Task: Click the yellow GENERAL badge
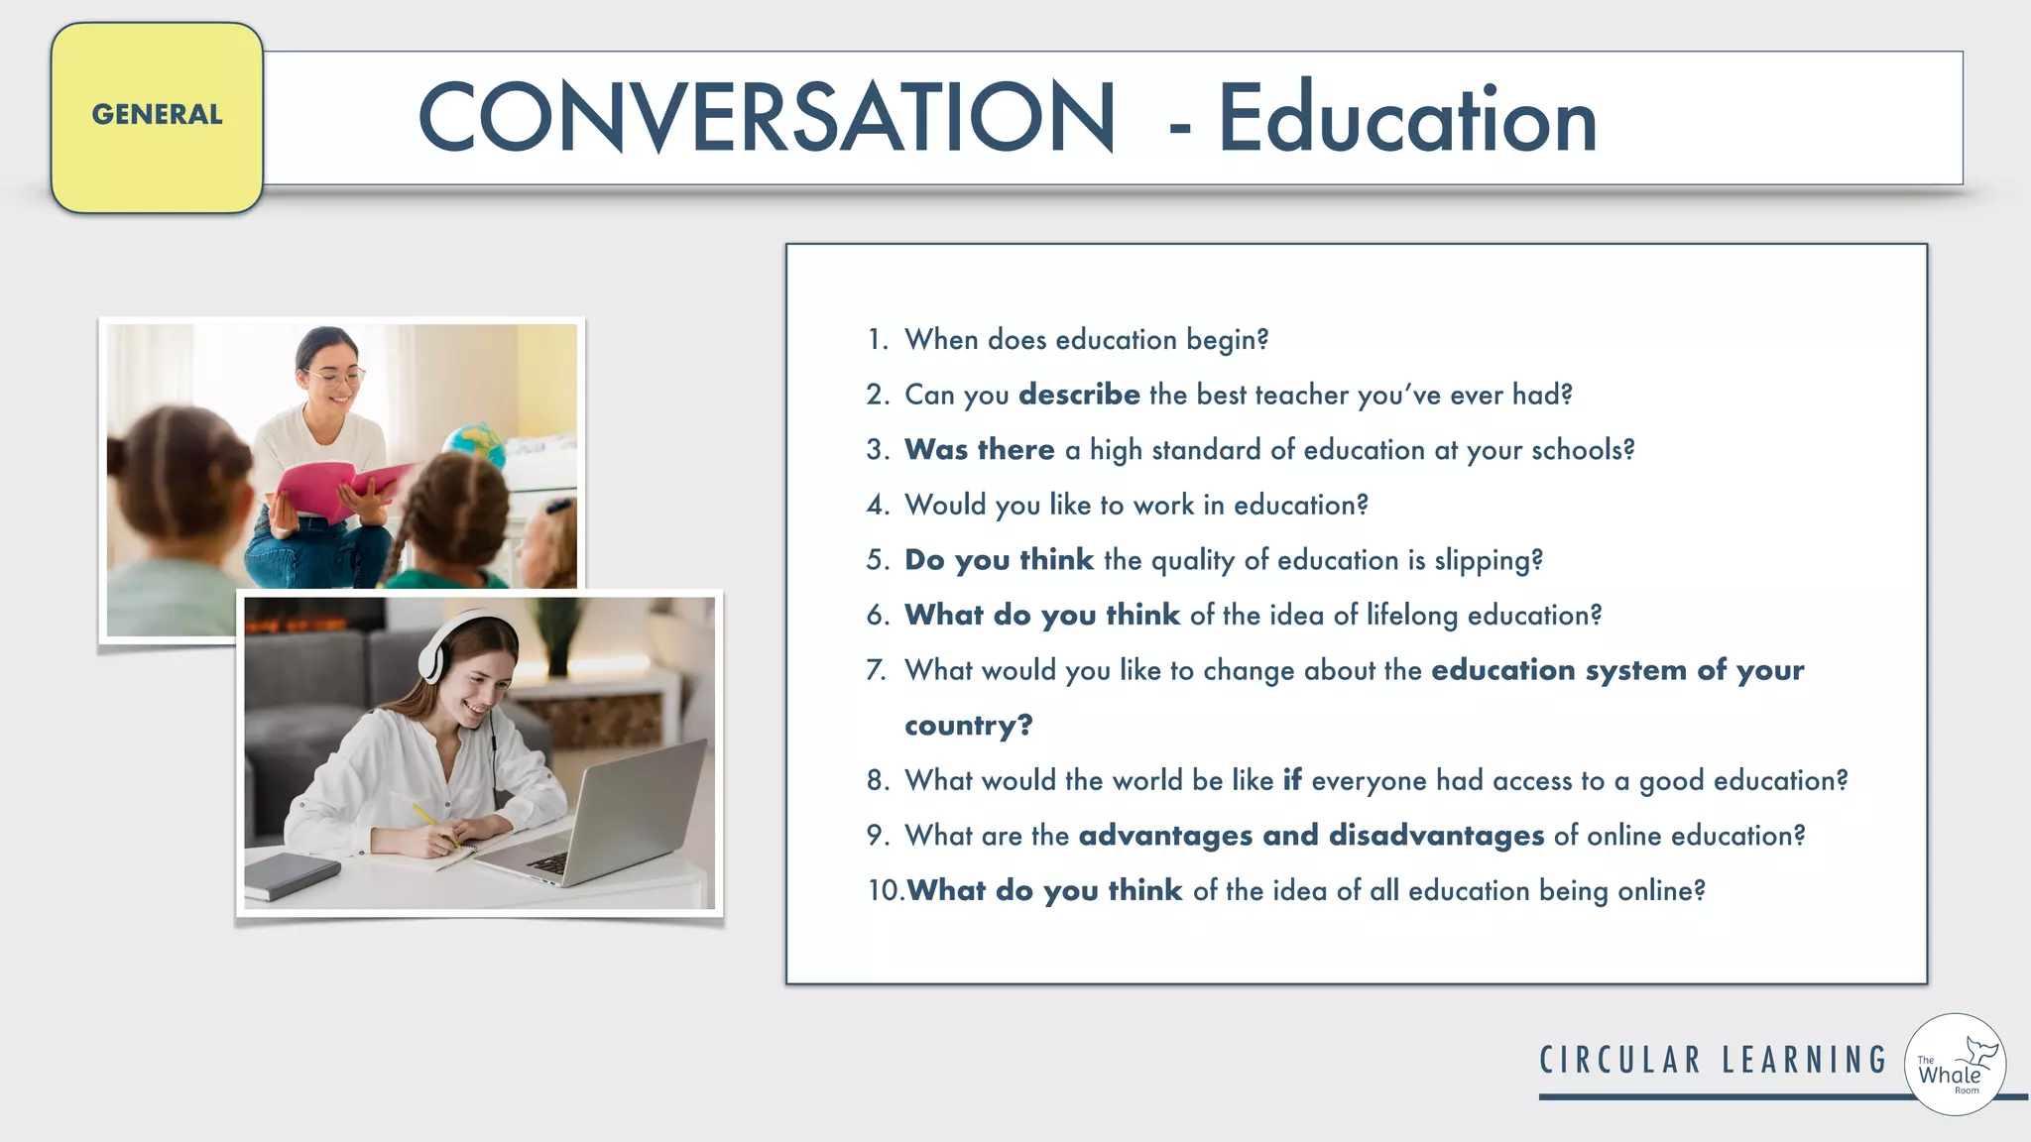click(x=157, y=117)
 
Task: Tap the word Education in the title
click(x=1407, y=119)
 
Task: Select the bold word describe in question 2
click(x=1079, y=395)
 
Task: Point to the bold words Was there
click(x=979, y=449)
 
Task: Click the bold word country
click(x=967, y=726)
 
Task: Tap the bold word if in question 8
click(x=1291, y=780)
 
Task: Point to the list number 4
click(x=877, y=506)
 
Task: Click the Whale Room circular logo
click(x=1955, y=1065)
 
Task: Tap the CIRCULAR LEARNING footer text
click(x=1713, y=1061)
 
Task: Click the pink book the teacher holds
click(x=337, y=486)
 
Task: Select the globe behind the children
click(x=474, y=443)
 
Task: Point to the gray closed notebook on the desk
click(x=291, y=875)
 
